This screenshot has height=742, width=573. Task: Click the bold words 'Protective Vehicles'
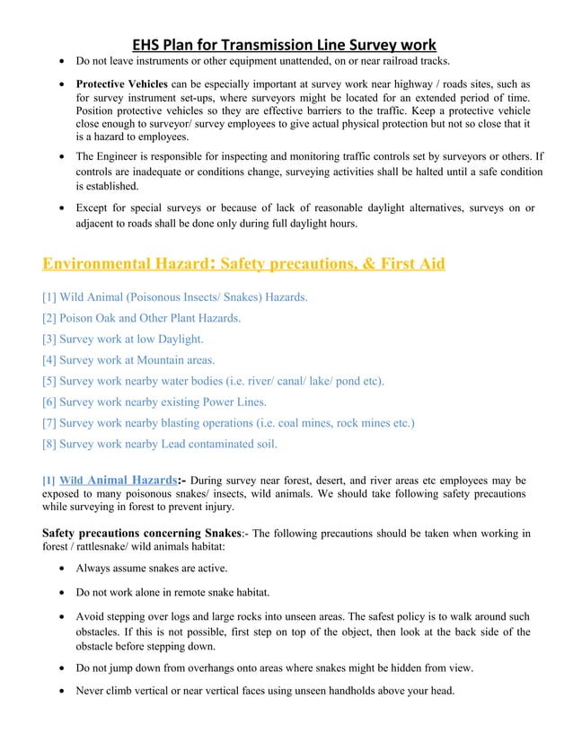coord(121,84)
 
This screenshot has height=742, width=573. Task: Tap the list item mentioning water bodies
coord(214,381)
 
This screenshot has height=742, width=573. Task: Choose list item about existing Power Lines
coord(160,402)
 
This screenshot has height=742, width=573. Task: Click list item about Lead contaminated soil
coord(160,443)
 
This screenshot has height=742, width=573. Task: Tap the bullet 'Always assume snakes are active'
coord(152,569)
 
